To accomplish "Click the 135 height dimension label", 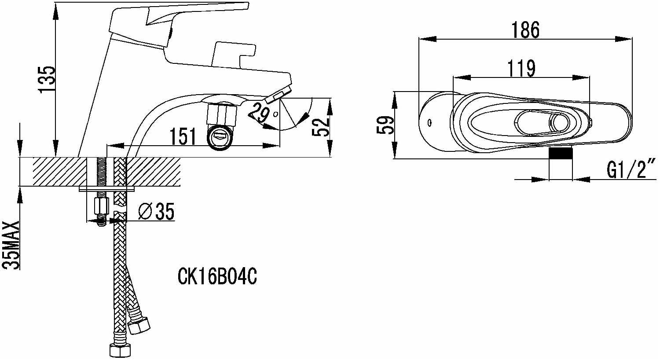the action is click(x=47, y=79).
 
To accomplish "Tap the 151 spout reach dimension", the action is click(x=183, y=136).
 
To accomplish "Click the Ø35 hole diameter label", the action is click(x=157, y=211).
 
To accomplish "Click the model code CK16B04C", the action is click(x=217, y=277).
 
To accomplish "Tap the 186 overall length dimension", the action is click(x=525, y=30).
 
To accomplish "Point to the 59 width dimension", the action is click(x=385, y=125).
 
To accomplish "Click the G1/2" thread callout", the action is click(x=631, y=168).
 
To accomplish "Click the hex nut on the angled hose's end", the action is click(x=139, y=326).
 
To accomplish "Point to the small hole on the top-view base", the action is click(x=429, y=122).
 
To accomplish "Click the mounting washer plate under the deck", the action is click(x=107, y=189).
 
